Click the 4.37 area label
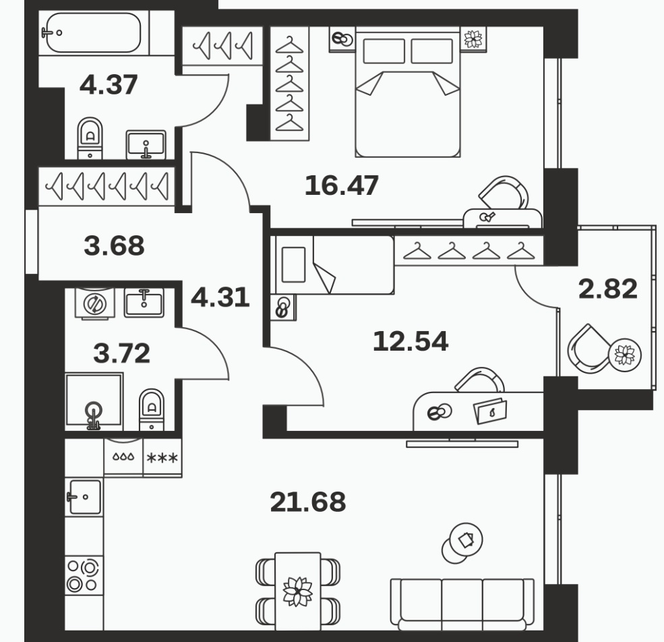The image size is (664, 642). (x=109, y=84)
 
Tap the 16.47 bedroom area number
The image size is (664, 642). (x=342, y=185)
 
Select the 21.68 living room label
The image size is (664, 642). (x=308, y=502)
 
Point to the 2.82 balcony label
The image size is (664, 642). (x=607, y=289)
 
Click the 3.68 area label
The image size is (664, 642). (x=115, y=245)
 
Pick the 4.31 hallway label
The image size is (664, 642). (x=220, y=297)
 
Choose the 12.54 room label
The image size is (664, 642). (x=411, y=341)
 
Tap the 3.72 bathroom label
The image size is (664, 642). (x=121, y=353)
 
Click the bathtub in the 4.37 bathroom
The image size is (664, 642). (x=94, y=32)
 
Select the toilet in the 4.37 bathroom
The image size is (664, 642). (x=90, y=138)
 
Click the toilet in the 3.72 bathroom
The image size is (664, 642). (x=152, y=409)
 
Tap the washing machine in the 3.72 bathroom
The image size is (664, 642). (x=94, y=303)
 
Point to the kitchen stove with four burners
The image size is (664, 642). (x=84, y=575)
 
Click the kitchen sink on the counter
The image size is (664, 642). (x=84, y=496)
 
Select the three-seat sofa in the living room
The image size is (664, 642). (x=462, y=604)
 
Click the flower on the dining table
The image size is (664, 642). (x=298, y=591)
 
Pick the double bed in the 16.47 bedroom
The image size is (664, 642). (x=407, y=92)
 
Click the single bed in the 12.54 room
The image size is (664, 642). (x=334, y=265)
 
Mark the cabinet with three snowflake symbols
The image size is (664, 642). (x=162, y=458)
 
